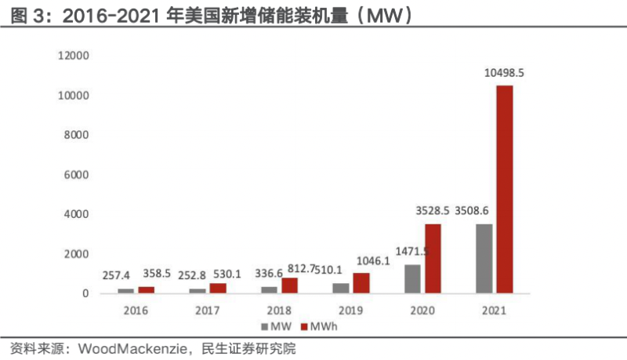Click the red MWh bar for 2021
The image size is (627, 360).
pyautogui.click(x=505, y=189)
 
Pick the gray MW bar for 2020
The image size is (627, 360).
pyautogui.click(x=413, y=279)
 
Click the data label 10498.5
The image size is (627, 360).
pyautogui.click(x=504, y=73)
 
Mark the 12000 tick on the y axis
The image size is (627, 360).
pyautogui.click(x=71, y=56)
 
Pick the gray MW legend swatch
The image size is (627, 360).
pyautogui.click(x=266, y=325)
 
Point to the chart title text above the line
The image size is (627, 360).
pyautogui.click(x=212, y=13)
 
